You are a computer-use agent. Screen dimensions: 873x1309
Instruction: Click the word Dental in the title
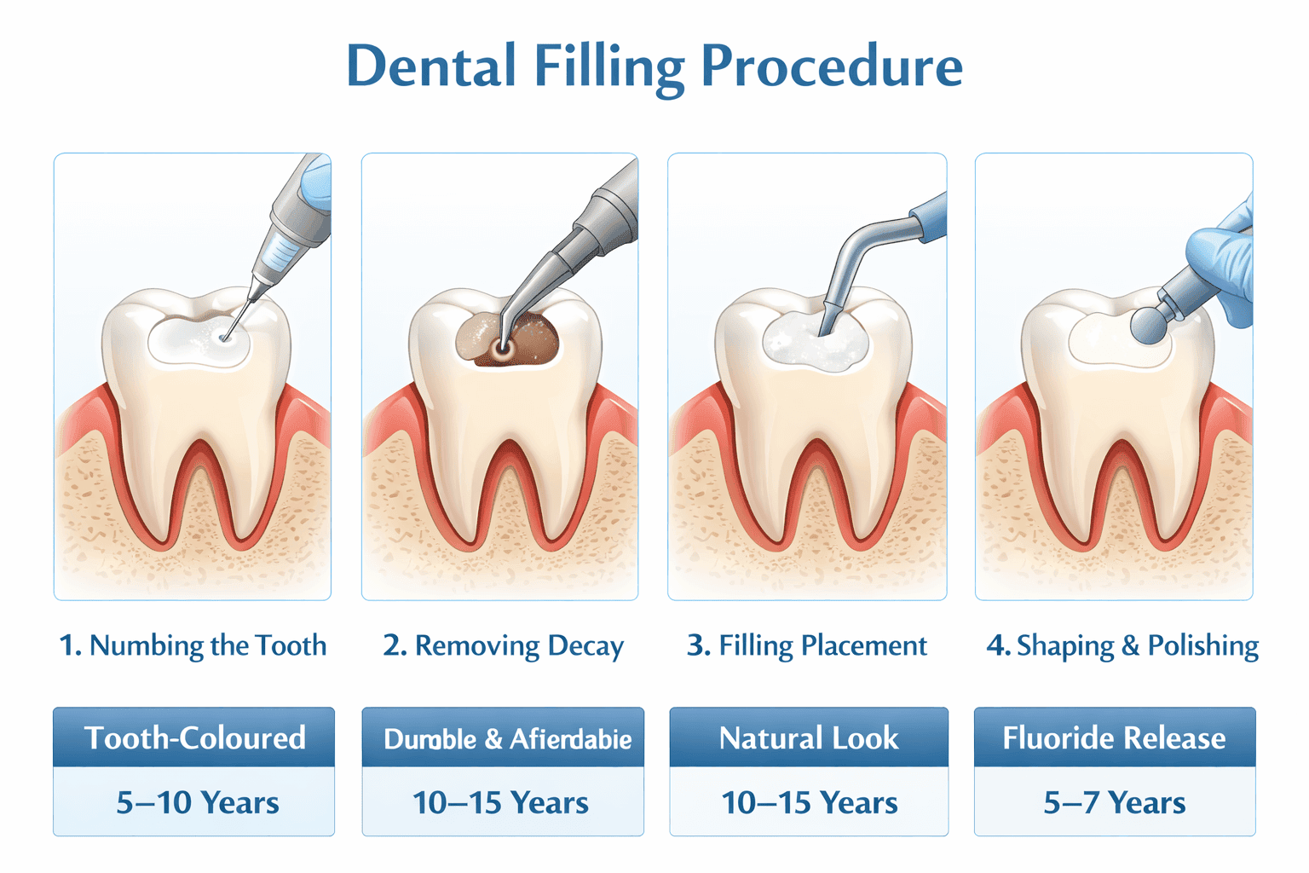coord(431,66)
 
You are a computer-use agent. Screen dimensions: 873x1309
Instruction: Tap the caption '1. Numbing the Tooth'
coord(193,645)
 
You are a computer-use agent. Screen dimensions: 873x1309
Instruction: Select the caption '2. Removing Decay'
coord(503,645)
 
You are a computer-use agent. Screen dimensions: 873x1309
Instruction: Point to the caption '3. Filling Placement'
coord(806,645)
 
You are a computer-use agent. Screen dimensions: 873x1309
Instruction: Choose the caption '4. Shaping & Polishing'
coord(1122,645)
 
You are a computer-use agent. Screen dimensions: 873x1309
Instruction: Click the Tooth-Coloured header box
coord(194,737)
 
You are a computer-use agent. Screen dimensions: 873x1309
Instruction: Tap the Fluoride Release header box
coord(1114,737)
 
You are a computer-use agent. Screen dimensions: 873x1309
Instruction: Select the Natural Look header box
coord(808,737)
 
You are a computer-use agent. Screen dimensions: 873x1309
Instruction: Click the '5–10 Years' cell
coord(197,802)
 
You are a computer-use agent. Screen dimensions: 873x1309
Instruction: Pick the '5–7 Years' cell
coord(1114,802)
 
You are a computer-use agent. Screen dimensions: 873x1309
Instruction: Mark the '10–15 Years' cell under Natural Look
coord(809,802)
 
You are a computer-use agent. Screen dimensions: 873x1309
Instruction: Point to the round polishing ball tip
coord(1150,325)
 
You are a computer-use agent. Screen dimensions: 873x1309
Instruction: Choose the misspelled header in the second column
coord(506,737)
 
